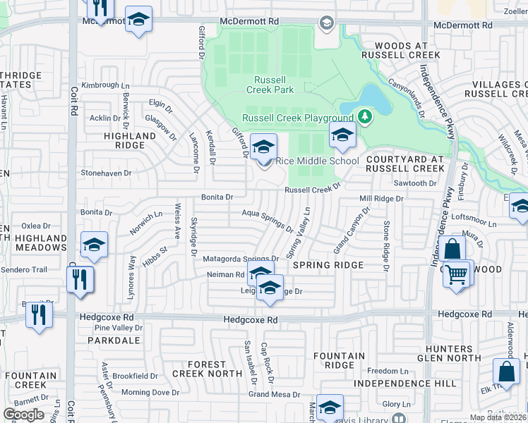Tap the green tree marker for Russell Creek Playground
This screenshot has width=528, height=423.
coord(365,116)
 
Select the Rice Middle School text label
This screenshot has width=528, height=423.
coord(317,161)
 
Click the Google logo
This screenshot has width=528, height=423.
coord(23,415)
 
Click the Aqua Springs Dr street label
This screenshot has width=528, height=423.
coord(268,221)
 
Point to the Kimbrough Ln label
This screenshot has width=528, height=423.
coord(100,85)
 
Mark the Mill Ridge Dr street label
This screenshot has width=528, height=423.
coord(381,200)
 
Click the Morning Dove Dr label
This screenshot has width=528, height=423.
coord(150,393)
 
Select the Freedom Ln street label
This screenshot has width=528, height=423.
coord(388,371)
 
